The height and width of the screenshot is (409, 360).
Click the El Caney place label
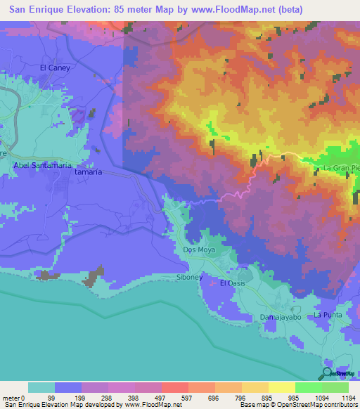53,67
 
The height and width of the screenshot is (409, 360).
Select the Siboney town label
188,278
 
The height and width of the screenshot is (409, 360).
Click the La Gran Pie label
340,169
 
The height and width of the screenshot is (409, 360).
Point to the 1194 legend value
340,397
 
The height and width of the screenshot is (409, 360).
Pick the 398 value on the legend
121,397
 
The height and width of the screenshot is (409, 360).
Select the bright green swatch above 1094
308,387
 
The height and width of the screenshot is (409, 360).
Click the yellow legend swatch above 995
281,387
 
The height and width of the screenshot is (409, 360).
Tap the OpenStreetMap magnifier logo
327,374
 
